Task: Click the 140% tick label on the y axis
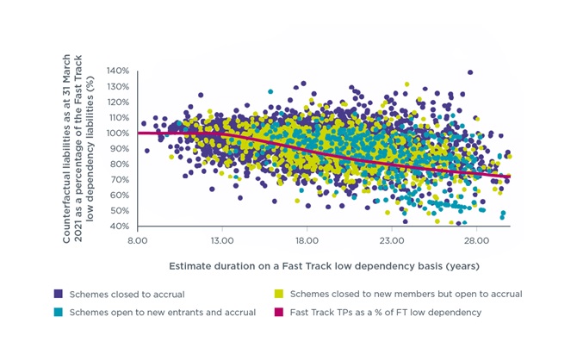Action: (x=118, y=71)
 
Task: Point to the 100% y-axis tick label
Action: (x=118, y=133)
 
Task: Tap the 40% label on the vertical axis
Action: (x=119, y=226)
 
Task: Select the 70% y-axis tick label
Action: (x=119, y=180)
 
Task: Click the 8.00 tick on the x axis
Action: (x=137, y=241)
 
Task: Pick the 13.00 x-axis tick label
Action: (x=222, y=241)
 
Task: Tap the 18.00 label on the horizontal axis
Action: (x=307, y=241)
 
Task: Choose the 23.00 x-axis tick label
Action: (x=392, y=241)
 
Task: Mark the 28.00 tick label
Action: (x=476, y=241)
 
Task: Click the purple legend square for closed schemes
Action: (x=59, y=294)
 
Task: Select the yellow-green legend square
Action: (x=279, y=294)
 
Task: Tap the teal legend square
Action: (x=59, y=312)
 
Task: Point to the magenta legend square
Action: (x=279, y=312)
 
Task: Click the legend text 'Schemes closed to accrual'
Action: (x=127, y=295)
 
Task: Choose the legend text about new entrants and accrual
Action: (x=163, y=313)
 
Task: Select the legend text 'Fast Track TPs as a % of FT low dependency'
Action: (x=386, y=313)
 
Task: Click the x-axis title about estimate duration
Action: (x=324, y=266)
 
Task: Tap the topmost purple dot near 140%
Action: (x=470, y=72)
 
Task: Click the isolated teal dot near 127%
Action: (x=270, y=91)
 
